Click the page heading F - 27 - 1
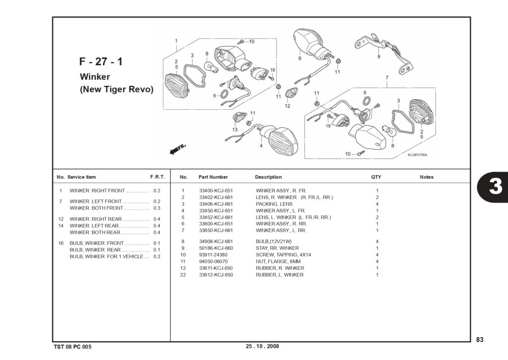pyautogui.click(x=101, y=62)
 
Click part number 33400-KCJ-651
pyautogui.click(x=216, y=191)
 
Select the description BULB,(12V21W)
pyautogui.click(x=274, y=241)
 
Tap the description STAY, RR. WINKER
pyautogui.click(x=277, y=248)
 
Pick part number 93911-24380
pyautogui.click(x=213, y=255)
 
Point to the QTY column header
pyautogui.click(x=376, y=177)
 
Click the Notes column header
pyautogui.click(x=427, y=177)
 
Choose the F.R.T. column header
pyautogui.click(x=157, y=177)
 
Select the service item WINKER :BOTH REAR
pyautogui.click(x=95, y=232)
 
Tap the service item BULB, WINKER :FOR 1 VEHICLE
pyautogui.click(x=106, y=257)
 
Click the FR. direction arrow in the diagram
pyautogui.click(x=178, y=149)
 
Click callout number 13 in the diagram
pyautogui.click(x=235, y=130)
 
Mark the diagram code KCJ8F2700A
pyautogui.click(x=417, y=155)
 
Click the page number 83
pyautogui.click(x=480, y=340)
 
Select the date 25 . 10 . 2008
pyautogui.click(x=262, y=346)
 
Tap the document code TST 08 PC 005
pyautogui.click(x=72, y=347)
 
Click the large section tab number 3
pyautogui.click(x=496, y=187)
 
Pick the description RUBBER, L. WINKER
pyautogui.click(x=280, y=275)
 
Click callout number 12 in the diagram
pyautogui.click(x=287, y=106)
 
